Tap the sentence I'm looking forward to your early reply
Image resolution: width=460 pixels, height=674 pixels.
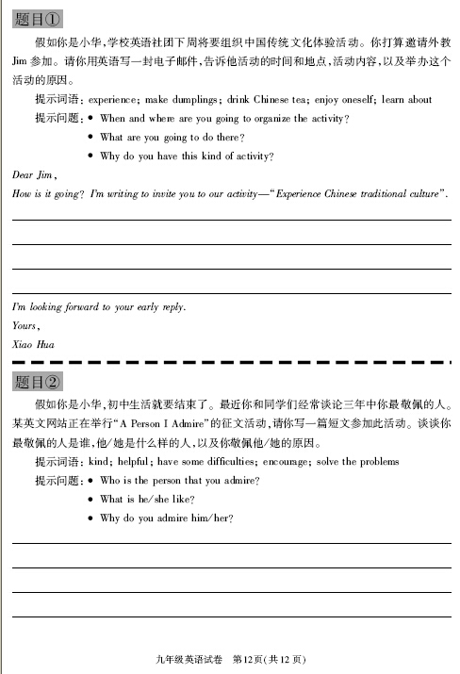(x=99, y=307)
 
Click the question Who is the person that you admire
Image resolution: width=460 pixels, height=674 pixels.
(x=179, y=480)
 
